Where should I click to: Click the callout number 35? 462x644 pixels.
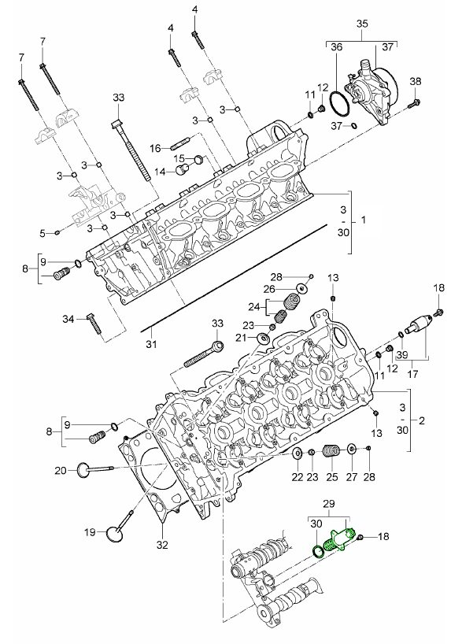(x=362, y=24)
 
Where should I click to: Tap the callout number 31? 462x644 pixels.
(x=152, y=343)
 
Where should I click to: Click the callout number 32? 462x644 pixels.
(x=163, y=545)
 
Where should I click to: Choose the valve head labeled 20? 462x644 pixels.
(x=83, y=469)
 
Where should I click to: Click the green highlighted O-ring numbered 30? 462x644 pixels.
(x=318, y=552)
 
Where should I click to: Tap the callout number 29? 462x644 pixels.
(x=329, y=504)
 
